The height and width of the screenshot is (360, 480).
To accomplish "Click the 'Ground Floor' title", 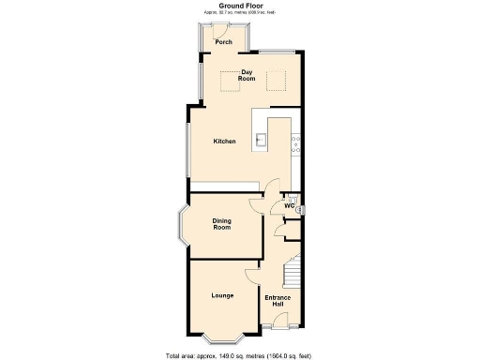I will point(239,5).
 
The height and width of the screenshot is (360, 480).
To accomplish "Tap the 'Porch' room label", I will point(223,42).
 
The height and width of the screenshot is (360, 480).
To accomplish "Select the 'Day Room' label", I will point(247,75).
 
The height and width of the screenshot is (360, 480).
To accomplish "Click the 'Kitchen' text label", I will point(224,142).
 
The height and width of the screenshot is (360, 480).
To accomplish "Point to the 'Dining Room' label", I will point(221,224).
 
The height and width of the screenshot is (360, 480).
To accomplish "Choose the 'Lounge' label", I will point(222,295).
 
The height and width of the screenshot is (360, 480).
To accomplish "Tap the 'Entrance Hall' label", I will point(278,302).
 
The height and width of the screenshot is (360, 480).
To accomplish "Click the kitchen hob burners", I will point(295,143).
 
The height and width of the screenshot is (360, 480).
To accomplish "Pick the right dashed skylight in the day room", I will point(275,82).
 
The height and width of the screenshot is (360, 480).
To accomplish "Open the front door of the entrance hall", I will point(279,325).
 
